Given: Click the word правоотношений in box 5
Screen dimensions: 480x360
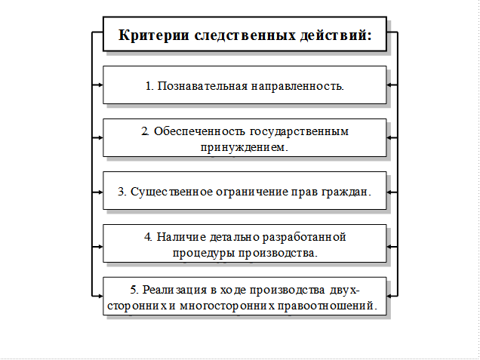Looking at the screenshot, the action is coord(328,306).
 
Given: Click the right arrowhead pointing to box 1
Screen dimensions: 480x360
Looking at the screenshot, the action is coord(390,85).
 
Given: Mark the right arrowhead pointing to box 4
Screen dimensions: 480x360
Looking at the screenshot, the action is coord(390,245).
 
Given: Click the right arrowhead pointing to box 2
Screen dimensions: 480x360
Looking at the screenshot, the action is coord(390,138).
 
